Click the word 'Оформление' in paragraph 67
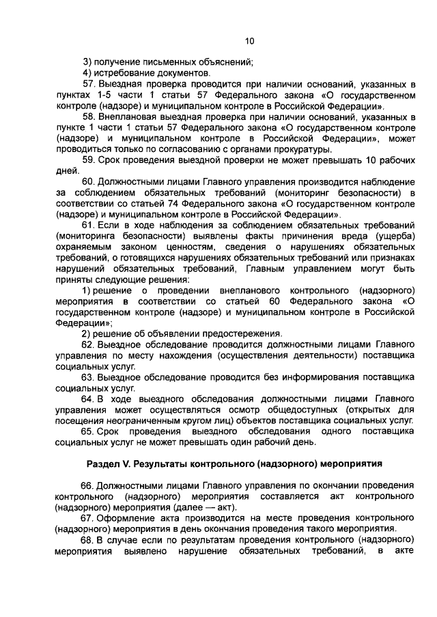click(128, 517)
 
